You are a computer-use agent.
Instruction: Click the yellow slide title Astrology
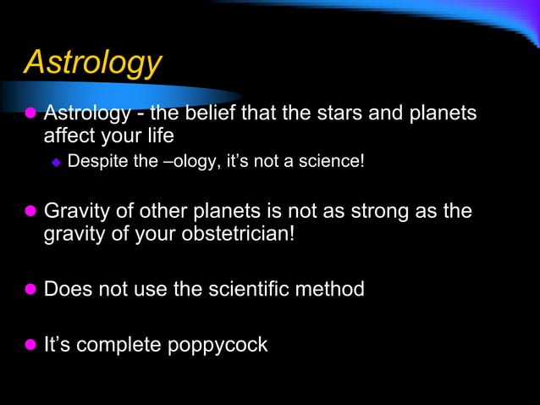coord(93,63)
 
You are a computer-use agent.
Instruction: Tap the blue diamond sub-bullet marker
coord(57,161)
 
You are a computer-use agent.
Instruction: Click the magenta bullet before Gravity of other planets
coord(30,210)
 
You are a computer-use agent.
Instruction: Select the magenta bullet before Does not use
coord(30,290)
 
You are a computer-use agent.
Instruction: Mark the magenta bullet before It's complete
coord(30,345)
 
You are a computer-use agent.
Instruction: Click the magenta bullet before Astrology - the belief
coord(30,113)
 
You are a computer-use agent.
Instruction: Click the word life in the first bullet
coord(160,136)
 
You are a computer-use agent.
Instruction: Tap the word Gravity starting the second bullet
coord(74,211)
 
